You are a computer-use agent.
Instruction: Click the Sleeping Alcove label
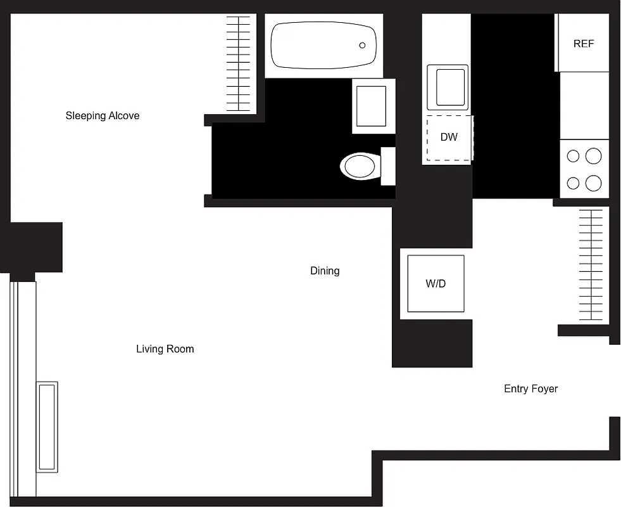click(103, 116)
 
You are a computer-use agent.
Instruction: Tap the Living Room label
click(165, 349)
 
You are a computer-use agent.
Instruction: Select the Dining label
click(325, 271)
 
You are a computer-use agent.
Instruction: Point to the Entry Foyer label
click(530, 389)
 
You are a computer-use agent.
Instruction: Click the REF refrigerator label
click(584, 44)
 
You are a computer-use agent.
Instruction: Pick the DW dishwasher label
click(449, 137)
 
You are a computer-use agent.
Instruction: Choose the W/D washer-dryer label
click(436, 284)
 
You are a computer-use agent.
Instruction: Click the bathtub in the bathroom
click(323, 46)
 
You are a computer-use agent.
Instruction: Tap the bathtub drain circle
click(363, 46)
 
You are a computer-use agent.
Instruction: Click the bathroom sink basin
click(371, 106)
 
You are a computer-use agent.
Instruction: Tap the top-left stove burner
click(574, 156)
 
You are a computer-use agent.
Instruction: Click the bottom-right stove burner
click(593, 184)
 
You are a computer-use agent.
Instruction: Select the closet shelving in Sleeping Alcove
click(239, 63)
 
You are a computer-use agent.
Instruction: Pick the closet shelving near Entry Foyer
click(591, 266)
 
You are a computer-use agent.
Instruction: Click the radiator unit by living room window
click(47, 426)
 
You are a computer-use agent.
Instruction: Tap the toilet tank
click(388, 167)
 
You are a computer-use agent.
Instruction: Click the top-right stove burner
click(593, 156)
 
